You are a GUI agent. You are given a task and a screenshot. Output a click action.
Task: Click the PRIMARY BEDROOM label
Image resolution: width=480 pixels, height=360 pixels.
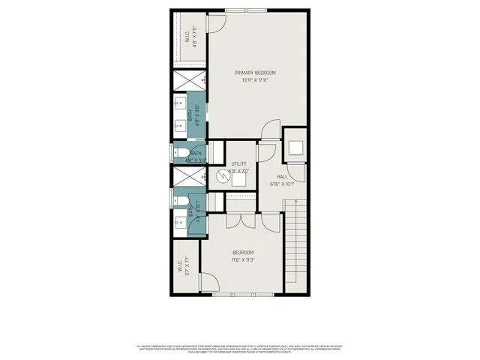[255, 73]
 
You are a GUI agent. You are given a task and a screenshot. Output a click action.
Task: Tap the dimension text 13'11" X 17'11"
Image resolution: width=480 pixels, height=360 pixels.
[255, 80]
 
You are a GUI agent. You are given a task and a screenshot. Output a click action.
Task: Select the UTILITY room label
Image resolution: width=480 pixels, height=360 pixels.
[239, 163]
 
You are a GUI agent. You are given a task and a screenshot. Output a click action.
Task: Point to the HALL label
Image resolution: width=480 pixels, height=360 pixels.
[282, 176]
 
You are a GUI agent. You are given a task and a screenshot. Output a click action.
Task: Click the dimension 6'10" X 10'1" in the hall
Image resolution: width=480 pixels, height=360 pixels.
[282, 184]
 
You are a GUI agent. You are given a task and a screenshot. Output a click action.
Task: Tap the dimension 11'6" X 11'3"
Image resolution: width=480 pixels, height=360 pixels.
[242, 260]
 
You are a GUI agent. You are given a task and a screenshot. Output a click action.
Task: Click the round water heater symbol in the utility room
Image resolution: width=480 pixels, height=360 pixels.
[223, 177]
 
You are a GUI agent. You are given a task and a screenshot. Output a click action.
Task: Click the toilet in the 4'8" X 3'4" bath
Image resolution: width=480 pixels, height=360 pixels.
[182, 155]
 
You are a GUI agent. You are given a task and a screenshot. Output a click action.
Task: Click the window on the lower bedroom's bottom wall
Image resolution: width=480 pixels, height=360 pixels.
[235, 295]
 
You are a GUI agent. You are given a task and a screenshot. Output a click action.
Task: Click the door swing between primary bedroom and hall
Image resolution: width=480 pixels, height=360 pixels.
[268, 132]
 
